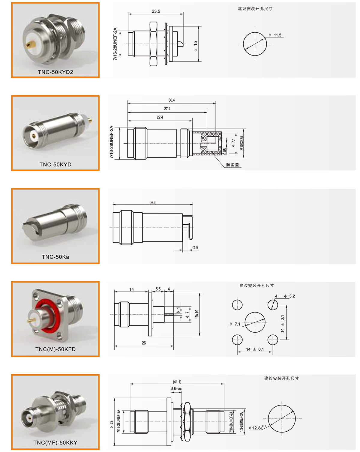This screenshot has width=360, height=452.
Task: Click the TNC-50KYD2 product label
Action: click(x=55, y=72)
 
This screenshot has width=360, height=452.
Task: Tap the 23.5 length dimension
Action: click(x=156, y=11)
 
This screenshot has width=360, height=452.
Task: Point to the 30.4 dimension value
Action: click(x=172, y=100)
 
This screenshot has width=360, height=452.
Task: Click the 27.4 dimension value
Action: click(x=167, y=109)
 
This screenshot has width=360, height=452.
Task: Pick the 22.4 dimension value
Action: click(x=160, y=117)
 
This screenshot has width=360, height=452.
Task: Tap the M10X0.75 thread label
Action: click(x=241, y=143)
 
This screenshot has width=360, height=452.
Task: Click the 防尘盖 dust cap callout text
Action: click(x=232, y=165)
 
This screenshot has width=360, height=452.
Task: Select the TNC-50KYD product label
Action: click(x=55, y=164)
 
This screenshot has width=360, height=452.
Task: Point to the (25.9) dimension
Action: click(x=153, y=203)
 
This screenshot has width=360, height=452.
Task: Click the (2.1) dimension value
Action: click(x=195, y=247)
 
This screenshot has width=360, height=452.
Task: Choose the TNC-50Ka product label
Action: click(x=55, y=257)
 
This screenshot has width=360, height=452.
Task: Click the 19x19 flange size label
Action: click(x=197, y=314)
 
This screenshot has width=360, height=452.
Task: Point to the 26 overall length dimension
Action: click(x=144, y=343)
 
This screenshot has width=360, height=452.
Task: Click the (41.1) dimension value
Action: click(x=177, y=382)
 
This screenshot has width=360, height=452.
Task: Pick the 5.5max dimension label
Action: click(x=176, y=389)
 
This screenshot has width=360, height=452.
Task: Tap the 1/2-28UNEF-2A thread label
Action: click(x=241, y=422)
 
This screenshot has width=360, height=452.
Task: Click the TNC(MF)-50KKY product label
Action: click(x=55, y=442)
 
